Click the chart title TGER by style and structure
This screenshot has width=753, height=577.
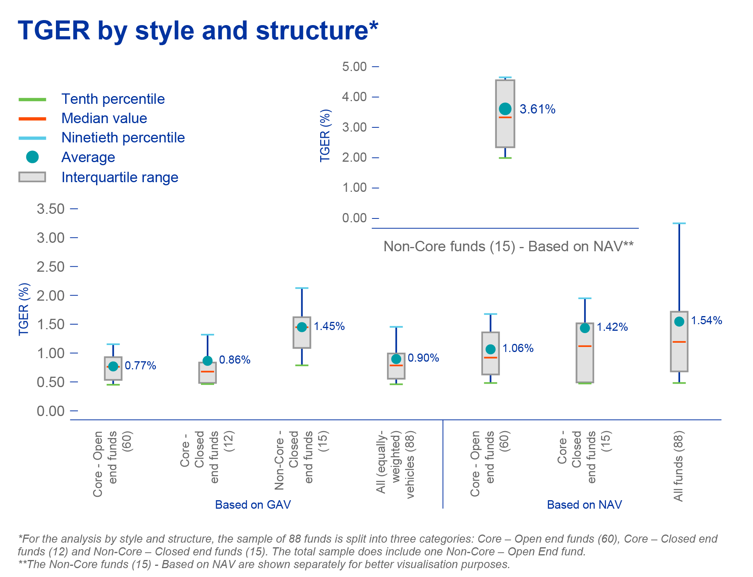(x=198, y=31)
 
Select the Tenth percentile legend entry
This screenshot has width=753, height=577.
(x=113, y=99)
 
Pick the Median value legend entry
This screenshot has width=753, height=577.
(x=104, y=118)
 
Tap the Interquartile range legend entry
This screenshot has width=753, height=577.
(x=120, y=178)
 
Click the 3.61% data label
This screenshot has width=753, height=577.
(x=537, y=109)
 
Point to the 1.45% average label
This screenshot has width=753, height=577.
(x=329, y=327)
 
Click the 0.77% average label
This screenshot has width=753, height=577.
(x=140, y=366)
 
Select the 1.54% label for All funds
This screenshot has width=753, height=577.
(x=706, y=321)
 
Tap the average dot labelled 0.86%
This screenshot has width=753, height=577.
(x=208, y=360)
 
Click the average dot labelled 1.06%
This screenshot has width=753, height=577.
(x=490, y=349)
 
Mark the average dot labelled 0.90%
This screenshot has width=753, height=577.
(x=396, y=359)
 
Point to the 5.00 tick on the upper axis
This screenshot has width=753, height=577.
(x=354, y=67)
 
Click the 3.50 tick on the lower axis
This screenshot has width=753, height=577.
(x=51, y=209)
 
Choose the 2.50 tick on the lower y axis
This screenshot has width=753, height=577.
(x=51, y=267)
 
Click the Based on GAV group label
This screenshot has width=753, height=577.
(x=253, y=505)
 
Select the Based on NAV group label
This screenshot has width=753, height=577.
(x=584, y=505)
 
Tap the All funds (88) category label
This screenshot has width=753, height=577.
(x=679, y=466)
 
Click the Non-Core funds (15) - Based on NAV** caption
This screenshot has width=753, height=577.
(x=508, y=247)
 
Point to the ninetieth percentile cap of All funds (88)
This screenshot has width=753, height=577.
(x=679, y=223)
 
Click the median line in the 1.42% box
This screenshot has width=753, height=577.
(x=585, y=346)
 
